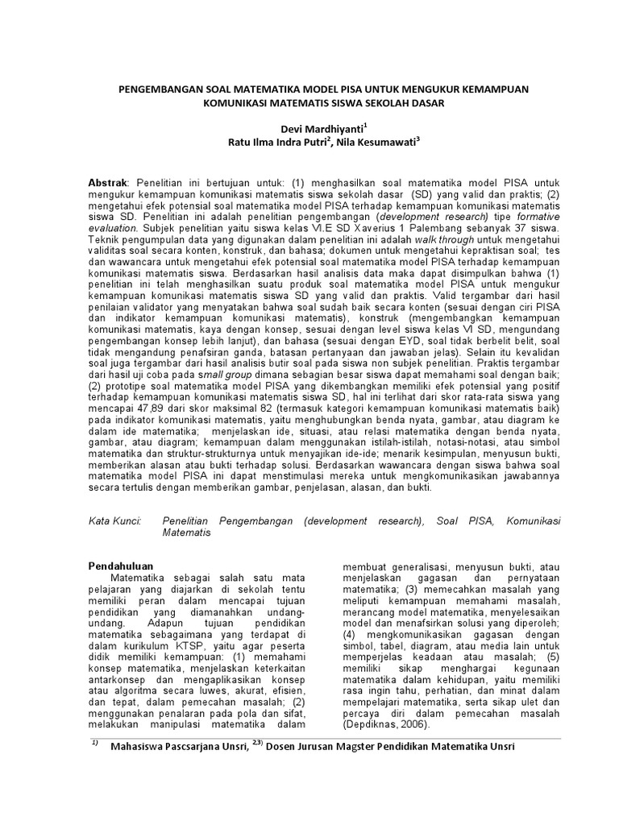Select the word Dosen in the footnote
click(299, 746)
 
